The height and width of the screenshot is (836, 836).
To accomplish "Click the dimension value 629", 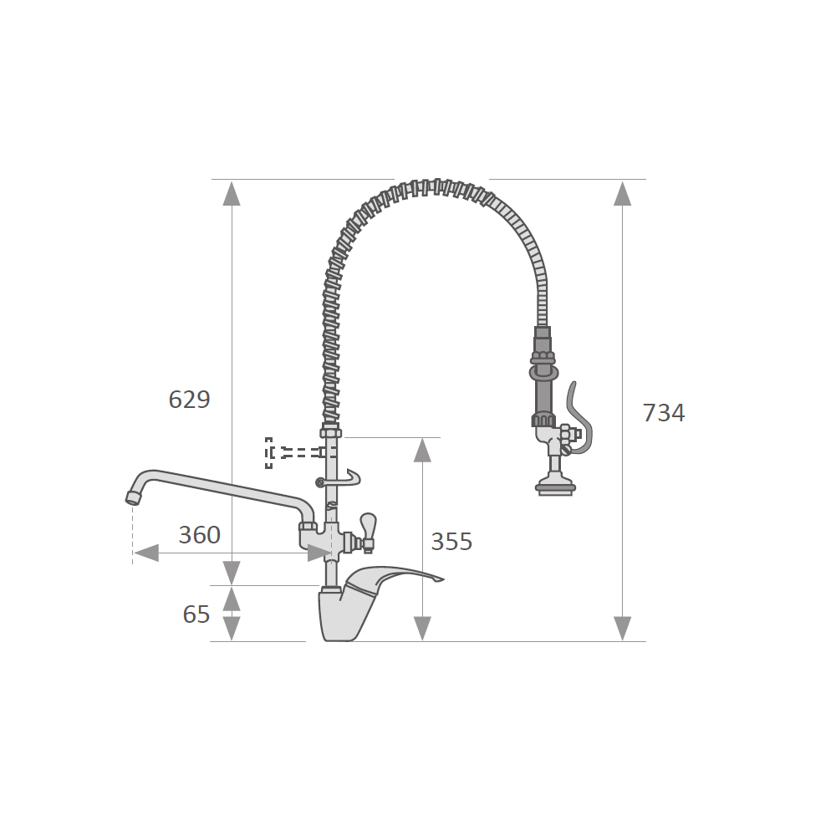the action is coord(189,400).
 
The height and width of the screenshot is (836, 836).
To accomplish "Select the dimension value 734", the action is coord(663,413).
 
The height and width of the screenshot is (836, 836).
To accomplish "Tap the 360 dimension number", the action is coord(200,535).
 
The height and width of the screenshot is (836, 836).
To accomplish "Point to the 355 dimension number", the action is coord(451,542).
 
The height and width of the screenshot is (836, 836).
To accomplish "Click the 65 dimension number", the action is coord(196,614).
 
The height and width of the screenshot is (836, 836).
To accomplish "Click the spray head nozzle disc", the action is coord(556,487).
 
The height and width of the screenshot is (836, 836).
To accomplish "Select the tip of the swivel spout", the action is coord(132,498).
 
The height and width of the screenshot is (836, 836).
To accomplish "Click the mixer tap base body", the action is coord(341,613).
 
